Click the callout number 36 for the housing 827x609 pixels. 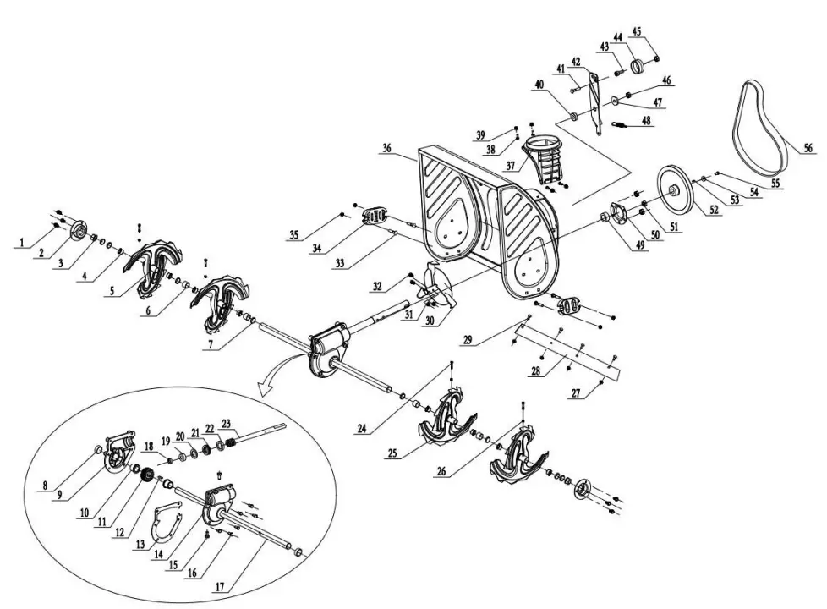(386, 147)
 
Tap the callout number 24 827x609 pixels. (362, 428)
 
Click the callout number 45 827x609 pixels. (637, 32)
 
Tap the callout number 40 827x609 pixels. (539, 84)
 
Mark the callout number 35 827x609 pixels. (293, 234)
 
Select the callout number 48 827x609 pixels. (647, 121)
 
